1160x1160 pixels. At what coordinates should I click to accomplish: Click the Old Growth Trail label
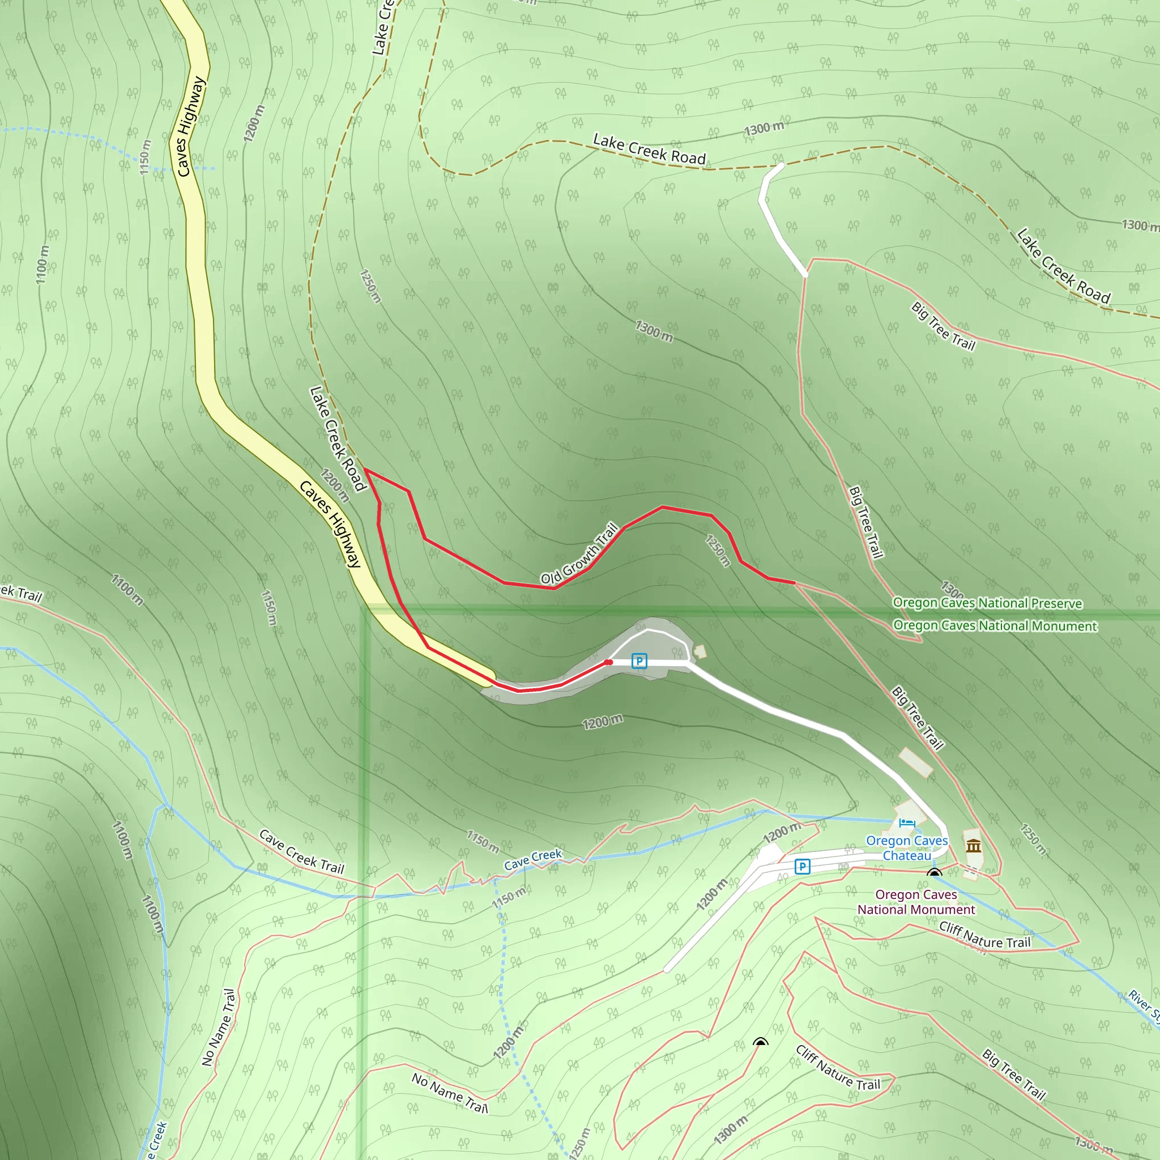pyautogui.click(x=579, y=553)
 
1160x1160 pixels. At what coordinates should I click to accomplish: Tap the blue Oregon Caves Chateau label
pyautogui.click(x=907, y=848)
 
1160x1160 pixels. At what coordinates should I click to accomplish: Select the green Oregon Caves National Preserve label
pyautogui.click(x=987, y=603)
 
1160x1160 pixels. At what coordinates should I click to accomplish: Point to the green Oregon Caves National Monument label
pyautogui.click(x=995, y=626)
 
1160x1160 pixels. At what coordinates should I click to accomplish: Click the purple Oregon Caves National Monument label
pyautogui.click(x=916, y=902)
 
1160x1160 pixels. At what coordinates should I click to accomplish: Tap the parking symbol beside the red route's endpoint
pyautogui.click(x=639, y=661)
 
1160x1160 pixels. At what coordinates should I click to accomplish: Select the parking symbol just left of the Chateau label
pyautogui.click(x=802, y=867)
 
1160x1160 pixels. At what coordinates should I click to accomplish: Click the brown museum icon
pyautogui.click(x=973, y=846)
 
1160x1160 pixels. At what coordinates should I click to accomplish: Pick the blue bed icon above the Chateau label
pyautogui.click(x=907, y=822)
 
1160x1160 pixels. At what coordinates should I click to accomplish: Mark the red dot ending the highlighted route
pyautogui.click(x=608, y=662)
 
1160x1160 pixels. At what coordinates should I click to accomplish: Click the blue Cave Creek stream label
pyautogui.click(x=532, y=859)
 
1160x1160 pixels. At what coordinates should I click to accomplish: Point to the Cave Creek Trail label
pyautogui.click(x=301, y=852)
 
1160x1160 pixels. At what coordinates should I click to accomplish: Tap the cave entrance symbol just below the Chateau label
pyautogui.click(x=934, y=872)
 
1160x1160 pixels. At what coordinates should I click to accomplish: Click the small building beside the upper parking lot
pyautogui.click(x=700, y=651)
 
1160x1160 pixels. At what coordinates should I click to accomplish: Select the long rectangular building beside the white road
pyautogui.click(x=916, y=762)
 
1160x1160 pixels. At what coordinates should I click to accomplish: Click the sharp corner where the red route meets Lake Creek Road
pyautogui.click(x=365, y=470)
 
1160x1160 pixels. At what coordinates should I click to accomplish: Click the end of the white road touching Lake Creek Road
pyautogui.click(x=781, y=165)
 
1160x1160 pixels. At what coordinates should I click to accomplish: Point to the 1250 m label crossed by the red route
pyautogui.click(x=718, y=550)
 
